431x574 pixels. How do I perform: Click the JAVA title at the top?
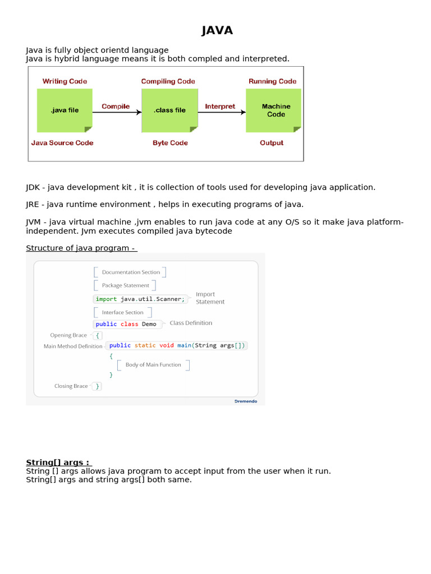pyautogui.click(x=217, y=30)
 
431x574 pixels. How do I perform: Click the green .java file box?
pyautogui.click(x=65, y=110)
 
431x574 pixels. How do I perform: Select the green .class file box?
pyautogui.click(x=169, y=110)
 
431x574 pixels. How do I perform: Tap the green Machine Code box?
pyautogui.click(x=273, y=110)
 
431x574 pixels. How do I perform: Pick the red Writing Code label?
pyautogui.click(x=65, y=81)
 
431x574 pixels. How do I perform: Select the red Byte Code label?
pyautogui.click(x=170, y=143)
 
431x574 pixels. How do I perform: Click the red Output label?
pyautogui.click(x=272, y=143)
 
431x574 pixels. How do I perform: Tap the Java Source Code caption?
pyautogui.click(x=62, y=143)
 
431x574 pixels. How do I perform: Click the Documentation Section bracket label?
pyautogui.click(x=131, y=272)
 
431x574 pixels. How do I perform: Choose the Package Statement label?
pyautogui.click(x=125, y=285)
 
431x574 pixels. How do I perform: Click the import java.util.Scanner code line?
pyautogui.click(x=140, y=299)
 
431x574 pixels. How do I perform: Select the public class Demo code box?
pyautogui.click(x=126, y=324)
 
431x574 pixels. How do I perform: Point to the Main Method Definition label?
pyautogui.click(x=73, y=346)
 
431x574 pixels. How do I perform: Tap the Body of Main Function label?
pyautogui.click(x=153, y=365)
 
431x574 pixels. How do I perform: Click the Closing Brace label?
pyautogui.click(x=71, y=386)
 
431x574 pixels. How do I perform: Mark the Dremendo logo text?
pyautogui.click(x=245, y=401)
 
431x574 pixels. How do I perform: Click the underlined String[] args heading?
pyautogui.click(x=58, y=462)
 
